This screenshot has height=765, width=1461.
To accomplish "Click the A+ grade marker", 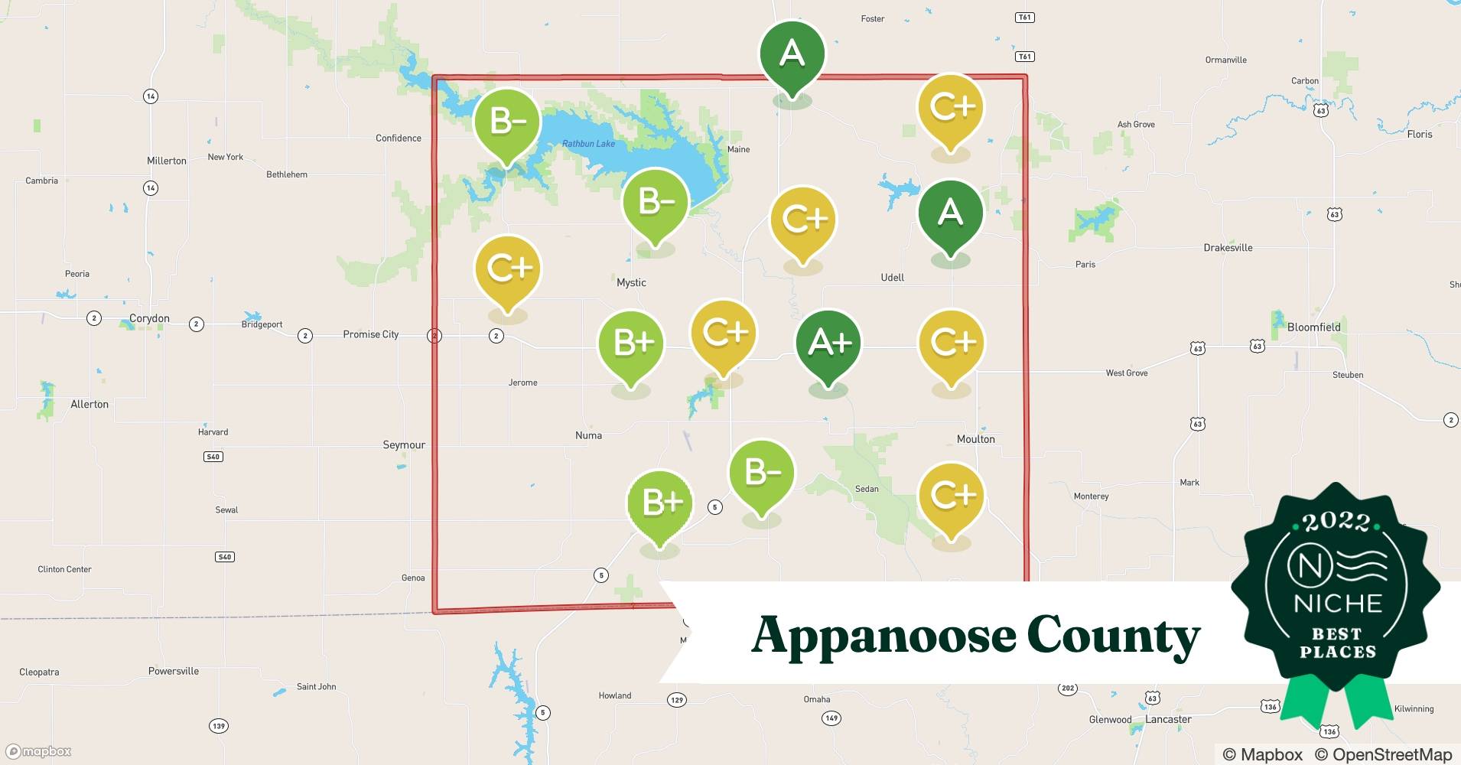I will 828,343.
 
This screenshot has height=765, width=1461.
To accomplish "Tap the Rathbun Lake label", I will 588,144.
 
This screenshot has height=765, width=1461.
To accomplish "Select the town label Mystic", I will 631,283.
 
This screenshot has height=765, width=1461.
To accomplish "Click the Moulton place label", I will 975,439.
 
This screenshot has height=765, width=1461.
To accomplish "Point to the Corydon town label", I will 149,318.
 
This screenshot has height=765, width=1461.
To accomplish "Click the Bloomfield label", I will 1313,327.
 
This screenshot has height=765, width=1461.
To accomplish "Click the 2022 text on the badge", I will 1336,522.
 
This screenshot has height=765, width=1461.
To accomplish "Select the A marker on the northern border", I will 792,54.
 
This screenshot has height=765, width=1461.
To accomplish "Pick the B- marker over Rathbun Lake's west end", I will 506,122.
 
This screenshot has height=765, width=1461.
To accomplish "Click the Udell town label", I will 892,278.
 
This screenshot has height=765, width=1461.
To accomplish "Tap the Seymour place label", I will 404,445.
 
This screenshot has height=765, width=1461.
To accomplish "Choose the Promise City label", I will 370,334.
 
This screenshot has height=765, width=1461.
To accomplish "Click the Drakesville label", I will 1228,248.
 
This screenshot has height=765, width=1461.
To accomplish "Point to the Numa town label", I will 588,435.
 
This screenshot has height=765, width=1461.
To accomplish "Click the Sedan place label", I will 867,489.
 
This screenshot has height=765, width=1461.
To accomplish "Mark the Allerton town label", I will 89,405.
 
